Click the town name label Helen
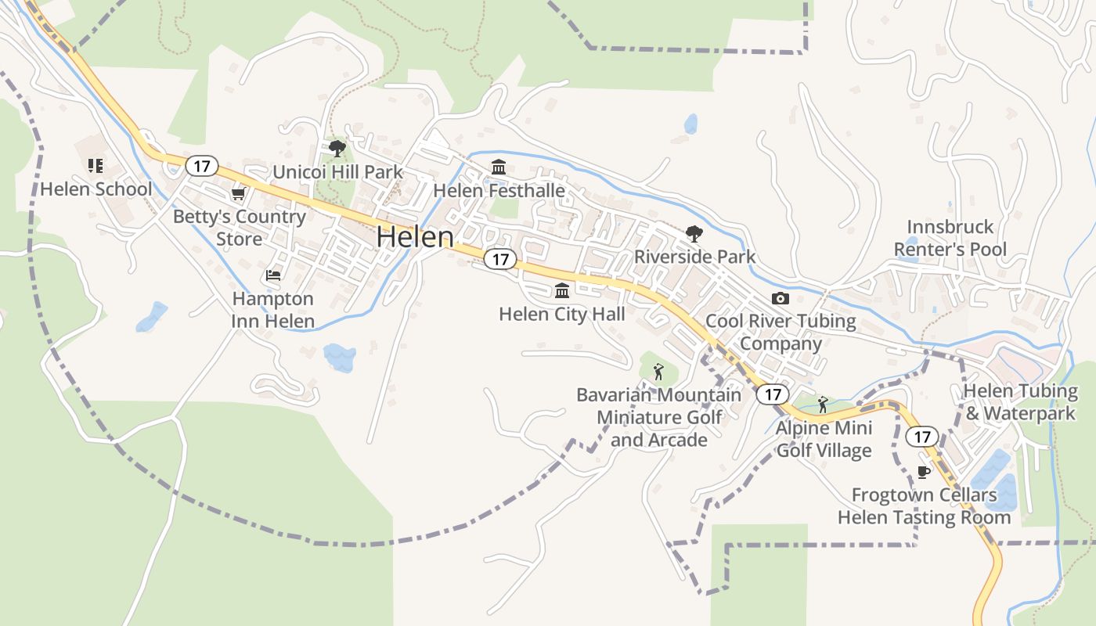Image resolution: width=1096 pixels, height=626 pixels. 415,237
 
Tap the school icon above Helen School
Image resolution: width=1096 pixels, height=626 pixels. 95,165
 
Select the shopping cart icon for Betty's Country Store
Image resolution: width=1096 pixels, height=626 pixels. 238,194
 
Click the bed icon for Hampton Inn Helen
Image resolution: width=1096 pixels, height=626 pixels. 272,275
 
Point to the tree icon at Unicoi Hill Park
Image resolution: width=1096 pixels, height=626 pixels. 337,148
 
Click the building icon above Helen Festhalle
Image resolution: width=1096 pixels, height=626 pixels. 499,167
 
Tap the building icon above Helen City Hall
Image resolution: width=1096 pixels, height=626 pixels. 561,291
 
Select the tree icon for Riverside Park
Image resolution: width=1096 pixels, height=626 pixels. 694,233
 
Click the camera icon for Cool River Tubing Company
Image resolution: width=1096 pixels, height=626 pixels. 780,298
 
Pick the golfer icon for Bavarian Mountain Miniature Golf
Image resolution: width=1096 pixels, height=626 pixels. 658,372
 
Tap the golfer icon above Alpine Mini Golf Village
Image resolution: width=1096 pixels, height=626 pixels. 822,405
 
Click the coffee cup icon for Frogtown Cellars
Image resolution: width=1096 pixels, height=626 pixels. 924,471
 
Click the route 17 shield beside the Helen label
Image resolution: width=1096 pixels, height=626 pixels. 500,259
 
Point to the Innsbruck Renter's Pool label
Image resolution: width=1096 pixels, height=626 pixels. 950,238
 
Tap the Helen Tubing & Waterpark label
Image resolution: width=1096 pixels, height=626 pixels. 1020,401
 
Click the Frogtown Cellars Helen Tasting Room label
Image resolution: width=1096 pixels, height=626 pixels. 924,506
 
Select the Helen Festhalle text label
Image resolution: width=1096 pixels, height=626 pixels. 499,190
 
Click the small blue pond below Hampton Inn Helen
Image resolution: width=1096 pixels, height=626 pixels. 339,357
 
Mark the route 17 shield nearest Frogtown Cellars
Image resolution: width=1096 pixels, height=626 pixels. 921,436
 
